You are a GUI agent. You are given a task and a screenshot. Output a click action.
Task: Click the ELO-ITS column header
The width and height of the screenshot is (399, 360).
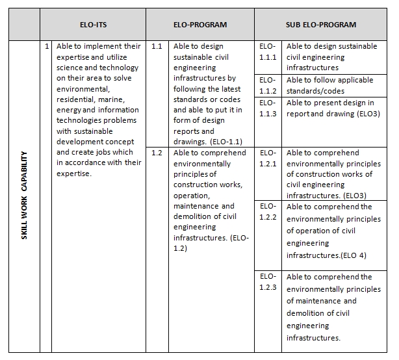(x=93, y=25)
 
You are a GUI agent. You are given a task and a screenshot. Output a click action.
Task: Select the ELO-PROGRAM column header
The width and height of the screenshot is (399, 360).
(x=200, y=25)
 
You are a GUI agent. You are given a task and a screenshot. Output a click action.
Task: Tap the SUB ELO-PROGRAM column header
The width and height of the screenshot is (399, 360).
(x=321, y=25)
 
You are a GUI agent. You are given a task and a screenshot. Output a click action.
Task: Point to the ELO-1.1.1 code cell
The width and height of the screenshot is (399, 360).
(x=268, y=52)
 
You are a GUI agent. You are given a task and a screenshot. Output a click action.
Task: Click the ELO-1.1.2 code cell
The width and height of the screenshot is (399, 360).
(x=268, y=85)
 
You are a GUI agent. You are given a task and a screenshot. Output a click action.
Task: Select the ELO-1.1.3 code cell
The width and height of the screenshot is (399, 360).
(x=268, y=109)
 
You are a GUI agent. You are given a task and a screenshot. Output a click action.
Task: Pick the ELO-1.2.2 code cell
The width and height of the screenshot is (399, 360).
(x=268, y=212)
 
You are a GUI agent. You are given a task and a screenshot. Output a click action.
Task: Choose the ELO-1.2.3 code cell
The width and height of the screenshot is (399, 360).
(x=268, y=282)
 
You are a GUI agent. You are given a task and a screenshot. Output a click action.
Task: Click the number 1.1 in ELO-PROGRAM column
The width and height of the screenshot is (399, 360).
(x=156, y=47)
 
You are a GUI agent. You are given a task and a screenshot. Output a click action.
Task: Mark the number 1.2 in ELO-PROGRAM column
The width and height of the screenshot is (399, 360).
(x=156, y=153)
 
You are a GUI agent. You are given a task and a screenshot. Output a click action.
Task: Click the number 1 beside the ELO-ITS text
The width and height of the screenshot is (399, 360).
(x=47, y=47)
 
